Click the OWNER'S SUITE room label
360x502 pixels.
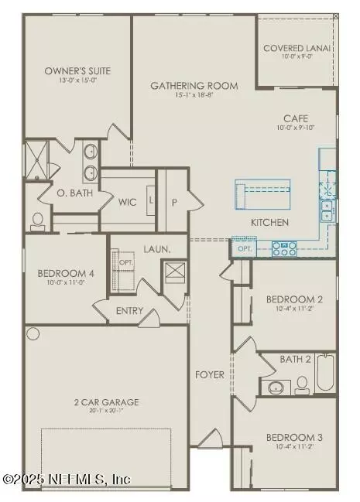point(77,71)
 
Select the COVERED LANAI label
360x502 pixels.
point(297,48)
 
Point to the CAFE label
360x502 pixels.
point(296,118)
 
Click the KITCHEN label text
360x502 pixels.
point(269,223)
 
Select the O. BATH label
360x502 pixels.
point(76,193)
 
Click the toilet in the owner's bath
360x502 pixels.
point(37,220)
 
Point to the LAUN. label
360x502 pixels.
point(156,249)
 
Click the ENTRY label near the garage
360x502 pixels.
point(129,311)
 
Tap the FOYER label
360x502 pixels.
point(209,375)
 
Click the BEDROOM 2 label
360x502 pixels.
point(294,299)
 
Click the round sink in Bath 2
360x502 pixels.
point(275,387)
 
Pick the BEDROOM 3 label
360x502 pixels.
point(294,438)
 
